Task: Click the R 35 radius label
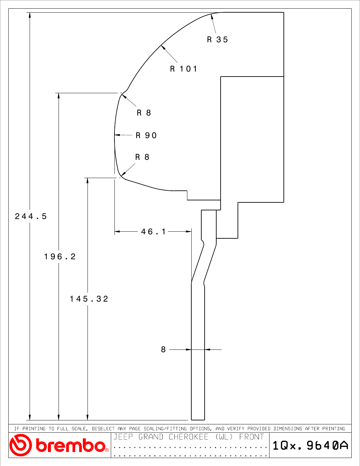coord(217,40)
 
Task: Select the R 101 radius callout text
coord(183,69)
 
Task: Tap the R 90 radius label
coord(146,135)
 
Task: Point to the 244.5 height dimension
coord(31,216)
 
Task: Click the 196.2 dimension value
coord(60,257)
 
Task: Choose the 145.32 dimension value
coord(89,299)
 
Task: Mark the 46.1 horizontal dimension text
coord(153,232)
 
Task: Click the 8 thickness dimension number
coord(163,349)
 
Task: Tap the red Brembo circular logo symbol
coord(20,445)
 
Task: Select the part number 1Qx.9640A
coord(310,445)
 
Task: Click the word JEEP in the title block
coord(123,437)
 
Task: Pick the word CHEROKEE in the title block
coord(188,437)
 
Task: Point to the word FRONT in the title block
coord(251,437)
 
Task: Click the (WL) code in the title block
coord(224,437)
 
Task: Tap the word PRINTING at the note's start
coord(34,429)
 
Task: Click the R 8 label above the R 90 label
coord(144,113)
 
